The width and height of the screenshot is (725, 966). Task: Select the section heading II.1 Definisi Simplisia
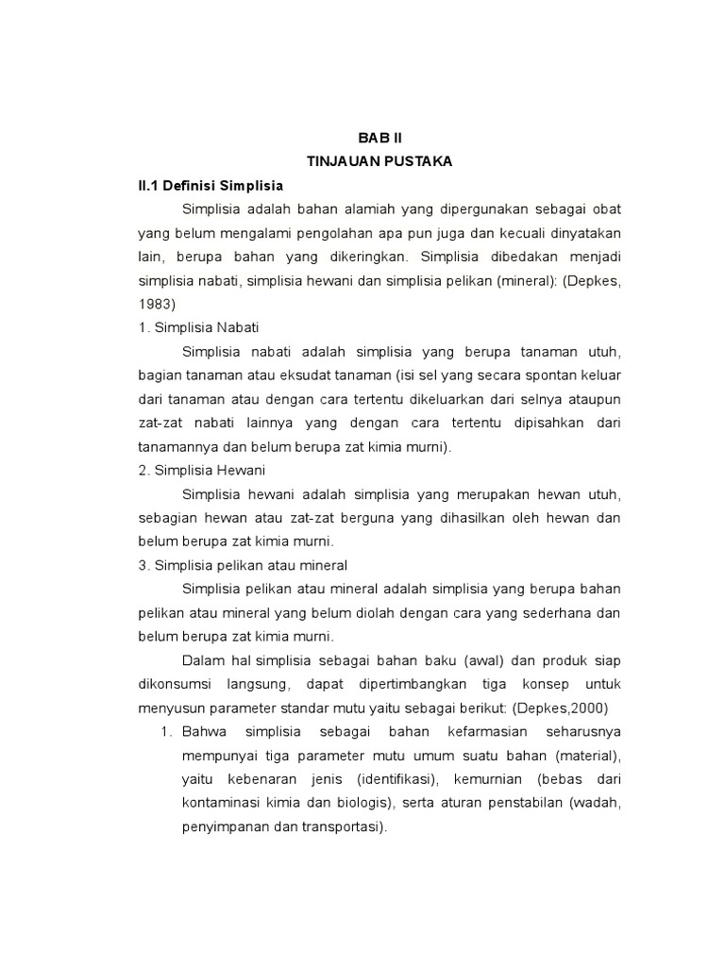211,185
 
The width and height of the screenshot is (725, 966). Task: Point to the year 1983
157,304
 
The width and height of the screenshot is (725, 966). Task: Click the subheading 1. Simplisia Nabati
192,327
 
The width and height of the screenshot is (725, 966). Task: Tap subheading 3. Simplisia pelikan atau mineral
243,565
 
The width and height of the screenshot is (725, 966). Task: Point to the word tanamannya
177,446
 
